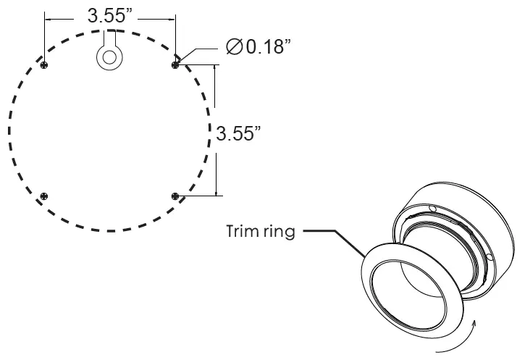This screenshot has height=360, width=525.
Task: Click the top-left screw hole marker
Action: coord(46,65)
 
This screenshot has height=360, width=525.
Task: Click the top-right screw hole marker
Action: coord(175,65)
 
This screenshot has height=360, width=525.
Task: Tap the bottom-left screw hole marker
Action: coord(46,196)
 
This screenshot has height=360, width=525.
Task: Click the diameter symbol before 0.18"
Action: coord(234,48)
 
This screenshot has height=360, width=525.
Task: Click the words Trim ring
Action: coord(259,234)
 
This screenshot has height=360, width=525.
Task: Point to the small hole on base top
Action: coord(432,209)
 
